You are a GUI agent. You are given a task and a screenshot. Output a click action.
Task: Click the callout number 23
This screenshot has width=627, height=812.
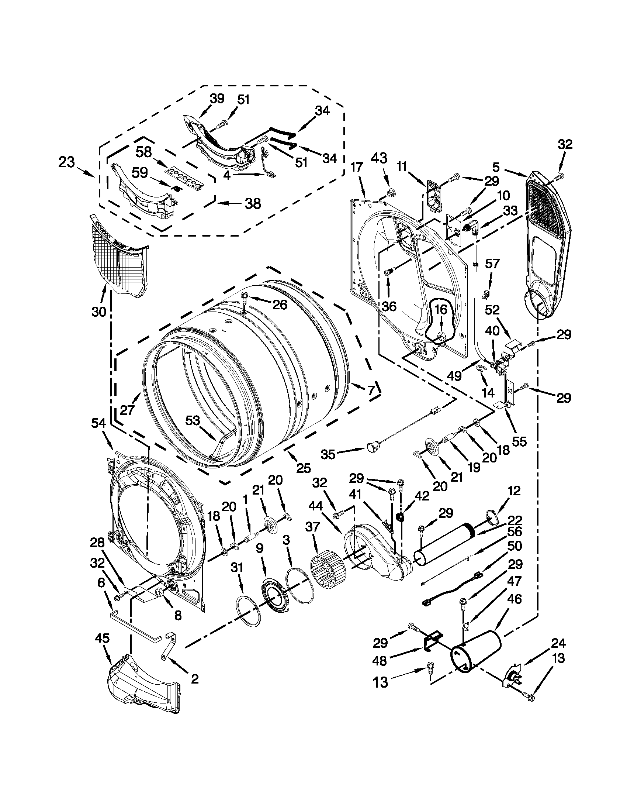(x=67, y=163)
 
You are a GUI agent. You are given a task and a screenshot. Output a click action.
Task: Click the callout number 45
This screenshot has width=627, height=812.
(x=102, y=639)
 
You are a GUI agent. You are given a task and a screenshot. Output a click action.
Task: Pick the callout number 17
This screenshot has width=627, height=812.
(x=356, y=167)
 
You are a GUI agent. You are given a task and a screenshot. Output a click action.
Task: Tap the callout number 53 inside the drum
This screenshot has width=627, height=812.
(x=193, y=420)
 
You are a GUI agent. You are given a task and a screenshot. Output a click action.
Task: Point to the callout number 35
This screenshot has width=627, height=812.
(x=328, y=454)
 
